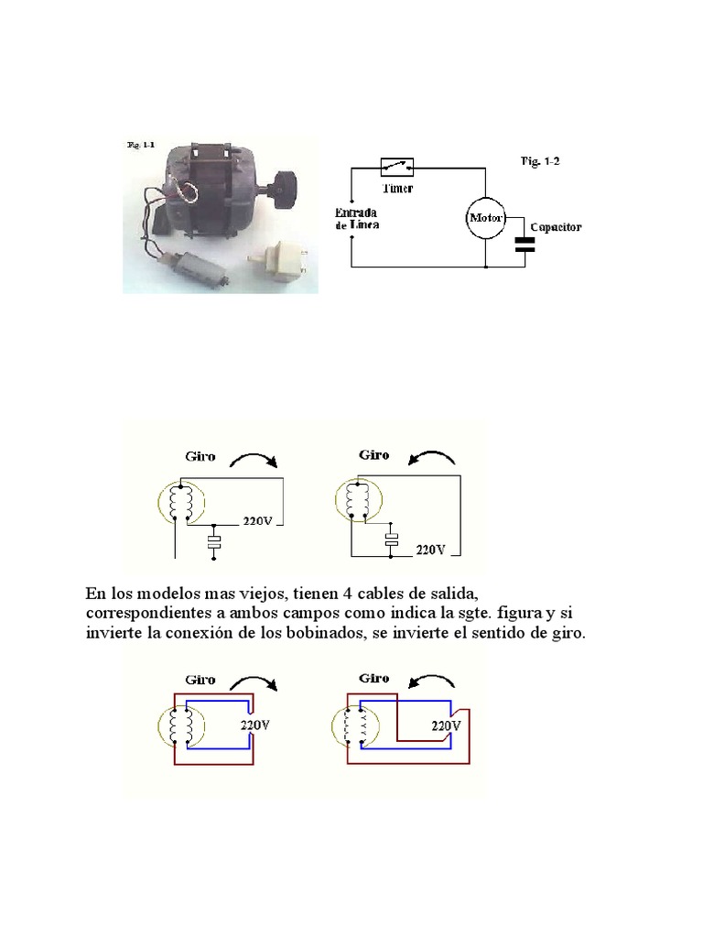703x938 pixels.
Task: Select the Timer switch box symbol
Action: (x=396, y=167)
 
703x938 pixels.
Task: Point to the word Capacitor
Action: (x=556, y=226)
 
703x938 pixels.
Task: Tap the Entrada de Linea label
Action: (x=355, y=218)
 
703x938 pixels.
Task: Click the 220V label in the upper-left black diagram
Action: (x=259, y=521)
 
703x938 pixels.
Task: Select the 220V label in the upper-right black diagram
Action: (x=430, y=550)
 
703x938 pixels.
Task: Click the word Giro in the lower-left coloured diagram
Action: (x=200, y=681)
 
